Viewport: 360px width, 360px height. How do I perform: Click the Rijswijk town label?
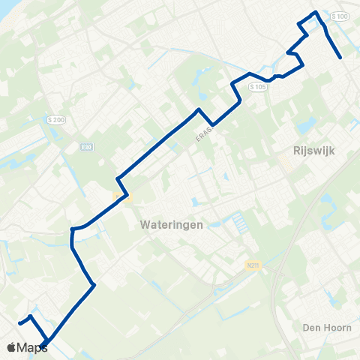click(x=310, y=150)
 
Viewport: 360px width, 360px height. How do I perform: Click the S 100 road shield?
click(x=340, y=16)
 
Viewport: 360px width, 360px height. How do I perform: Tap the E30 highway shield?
click(x=87, y=147)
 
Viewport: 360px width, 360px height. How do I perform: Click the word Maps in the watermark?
click(x=32, y=347)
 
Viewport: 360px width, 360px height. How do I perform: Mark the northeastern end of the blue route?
click(x=340, y=57)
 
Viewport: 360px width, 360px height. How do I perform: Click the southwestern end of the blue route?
click(x=19, y=322)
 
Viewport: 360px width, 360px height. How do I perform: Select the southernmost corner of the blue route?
click(x=43, y=345)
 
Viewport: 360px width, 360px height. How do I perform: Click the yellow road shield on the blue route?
click(x=121, y=197)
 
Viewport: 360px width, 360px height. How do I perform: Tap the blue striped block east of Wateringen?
click(x=239, y=221)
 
